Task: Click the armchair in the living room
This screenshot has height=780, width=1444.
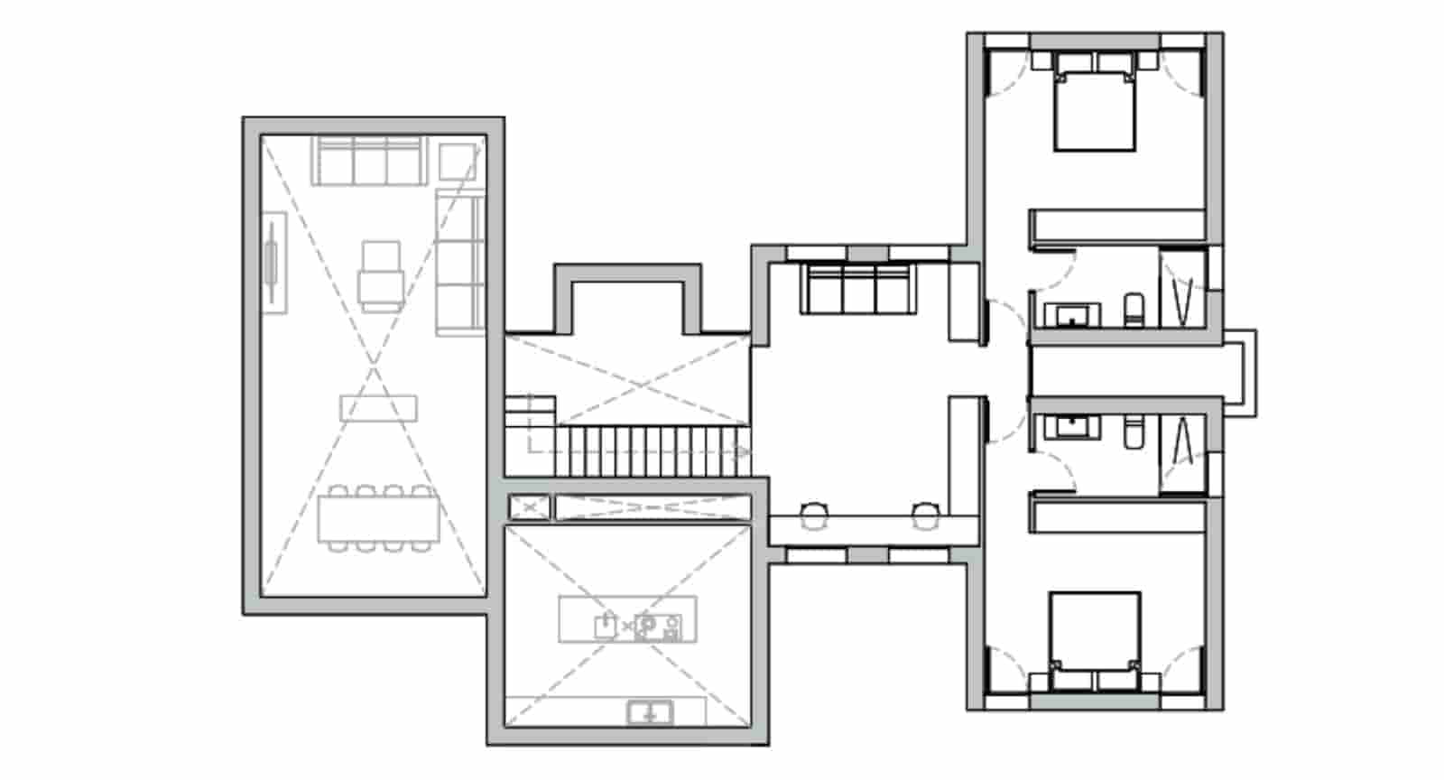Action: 381,275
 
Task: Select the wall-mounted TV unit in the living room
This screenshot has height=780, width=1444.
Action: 273,263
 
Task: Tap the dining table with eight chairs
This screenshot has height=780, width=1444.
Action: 378,519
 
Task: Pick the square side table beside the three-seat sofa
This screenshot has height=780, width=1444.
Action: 457,162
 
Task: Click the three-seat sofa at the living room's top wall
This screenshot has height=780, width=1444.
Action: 369,161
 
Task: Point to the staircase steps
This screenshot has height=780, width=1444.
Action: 650,450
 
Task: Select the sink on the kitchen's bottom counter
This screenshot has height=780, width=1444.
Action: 649,713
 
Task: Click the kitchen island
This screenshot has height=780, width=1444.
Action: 627,619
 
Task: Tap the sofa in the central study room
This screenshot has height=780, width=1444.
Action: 857,288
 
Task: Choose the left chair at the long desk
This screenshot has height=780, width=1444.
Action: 814,515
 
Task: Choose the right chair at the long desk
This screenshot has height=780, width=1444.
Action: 924,515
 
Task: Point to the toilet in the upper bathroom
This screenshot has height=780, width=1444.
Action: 1134,311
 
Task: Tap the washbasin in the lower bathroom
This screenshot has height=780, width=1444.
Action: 1071,425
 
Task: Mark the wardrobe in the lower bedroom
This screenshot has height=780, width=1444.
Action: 1118,516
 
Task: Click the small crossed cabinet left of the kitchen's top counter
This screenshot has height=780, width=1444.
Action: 529,507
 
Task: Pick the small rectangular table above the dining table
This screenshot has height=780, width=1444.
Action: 378,408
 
